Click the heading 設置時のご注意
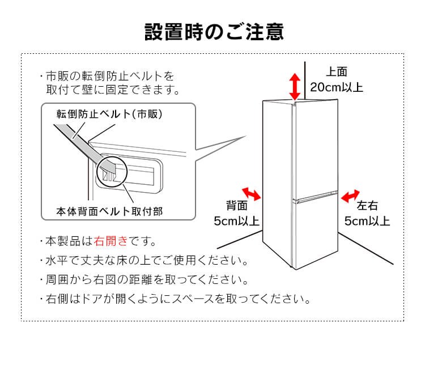[212, 31]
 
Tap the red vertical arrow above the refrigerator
[295, 86]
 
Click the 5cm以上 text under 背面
[236, 221]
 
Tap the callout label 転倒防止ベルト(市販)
[109, 114]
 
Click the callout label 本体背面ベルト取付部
[109, 211]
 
